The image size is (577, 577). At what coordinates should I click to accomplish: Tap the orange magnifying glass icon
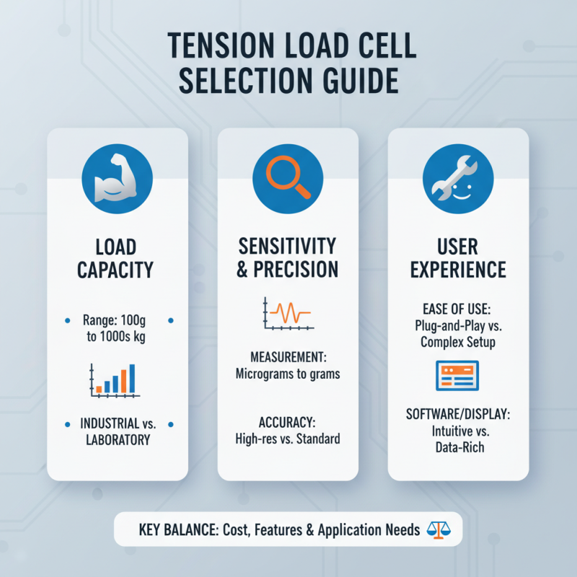(288, 177)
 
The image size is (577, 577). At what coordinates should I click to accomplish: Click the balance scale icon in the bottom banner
(438, 530)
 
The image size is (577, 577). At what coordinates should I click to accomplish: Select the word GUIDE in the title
(358, 82)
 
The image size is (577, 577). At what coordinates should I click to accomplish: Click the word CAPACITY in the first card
(117, 270)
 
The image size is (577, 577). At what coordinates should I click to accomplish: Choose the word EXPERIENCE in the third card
(458, 270)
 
